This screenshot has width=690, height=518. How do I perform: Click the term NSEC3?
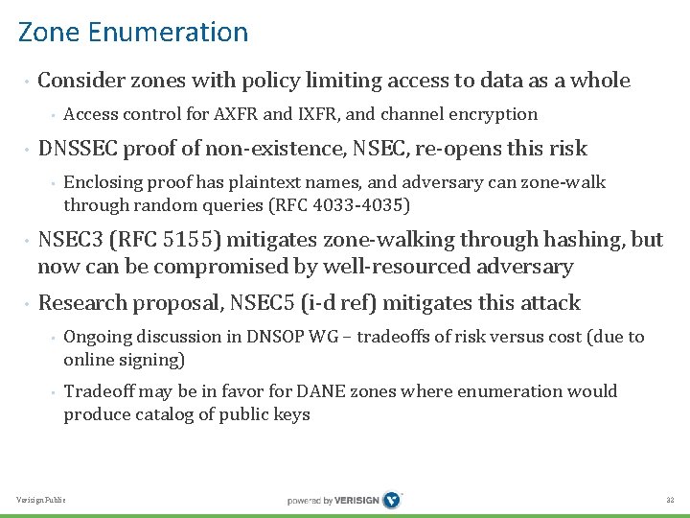click(70, 240)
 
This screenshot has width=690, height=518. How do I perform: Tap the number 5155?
click(179, 240)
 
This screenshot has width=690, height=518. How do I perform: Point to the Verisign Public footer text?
click(42, 501)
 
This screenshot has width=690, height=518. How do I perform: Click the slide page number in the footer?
click(671, 501)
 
